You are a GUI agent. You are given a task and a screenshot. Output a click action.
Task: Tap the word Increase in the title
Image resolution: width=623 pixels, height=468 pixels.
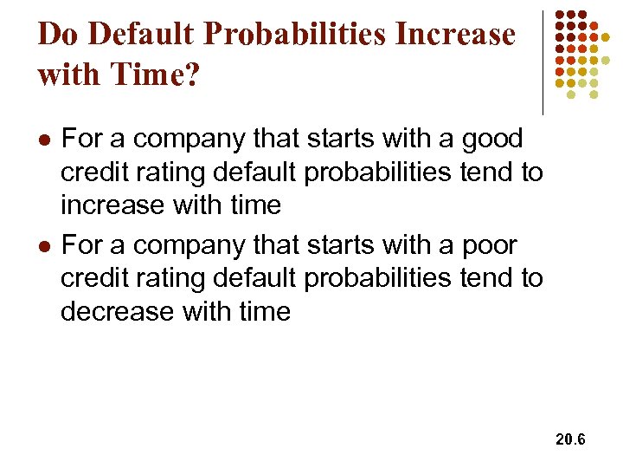pos(455,35)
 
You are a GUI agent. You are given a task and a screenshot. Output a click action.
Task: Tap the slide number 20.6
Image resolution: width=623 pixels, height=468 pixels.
pos(570,440)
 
